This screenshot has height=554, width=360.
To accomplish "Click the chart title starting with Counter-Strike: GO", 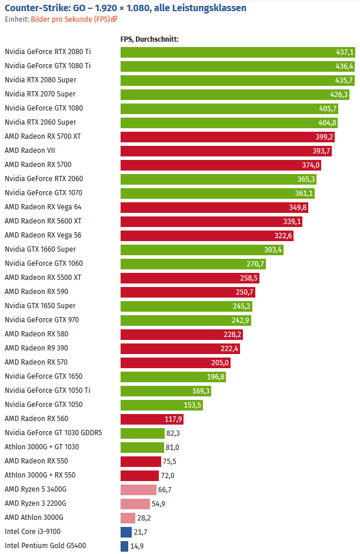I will point(125,8).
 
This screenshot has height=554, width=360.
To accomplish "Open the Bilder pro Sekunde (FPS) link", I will point(74,19).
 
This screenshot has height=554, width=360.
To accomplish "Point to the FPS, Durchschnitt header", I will point(149,39).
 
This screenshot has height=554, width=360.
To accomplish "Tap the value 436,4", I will point(345,66).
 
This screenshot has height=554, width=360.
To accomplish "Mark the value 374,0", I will point(311,165).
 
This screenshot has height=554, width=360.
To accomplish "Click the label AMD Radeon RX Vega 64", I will point(42,207).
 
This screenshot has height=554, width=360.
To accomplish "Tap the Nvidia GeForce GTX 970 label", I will point(42,320).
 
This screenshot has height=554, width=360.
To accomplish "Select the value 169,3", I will point(201,391).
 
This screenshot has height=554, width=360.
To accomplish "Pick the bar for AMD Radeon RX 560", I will point(152,419).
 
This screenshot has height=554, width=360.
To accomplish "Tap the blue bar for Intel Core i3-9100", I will point(126,532).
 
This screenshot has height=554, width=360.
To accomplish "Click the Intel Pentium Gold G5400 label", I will point(45,546).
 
